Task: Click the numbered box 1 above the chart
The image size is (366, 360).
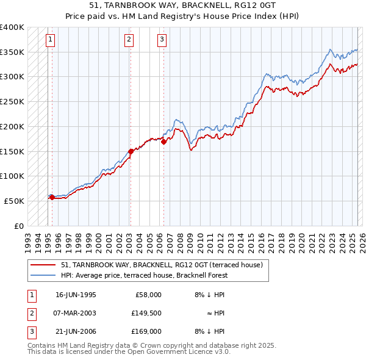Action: [50, 40]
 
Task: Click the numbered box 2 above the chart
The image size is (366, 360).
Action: [129, 40]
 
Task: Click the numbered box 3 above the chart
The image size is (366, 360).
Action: [162, 40]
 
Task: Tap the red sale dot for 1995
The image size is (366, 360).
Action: [52, 197]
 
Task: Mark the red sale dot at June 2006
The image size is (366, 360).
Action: [163, 142]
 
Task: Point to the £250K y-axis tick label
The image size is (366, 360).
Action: [12, 101]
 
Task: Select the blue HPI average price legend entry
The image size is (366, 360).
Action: [144, 275]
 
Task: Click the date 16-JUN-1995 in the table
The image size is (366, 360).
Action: [76, 295]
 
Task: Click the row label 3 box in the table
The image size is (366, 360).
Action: [32, 331]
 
